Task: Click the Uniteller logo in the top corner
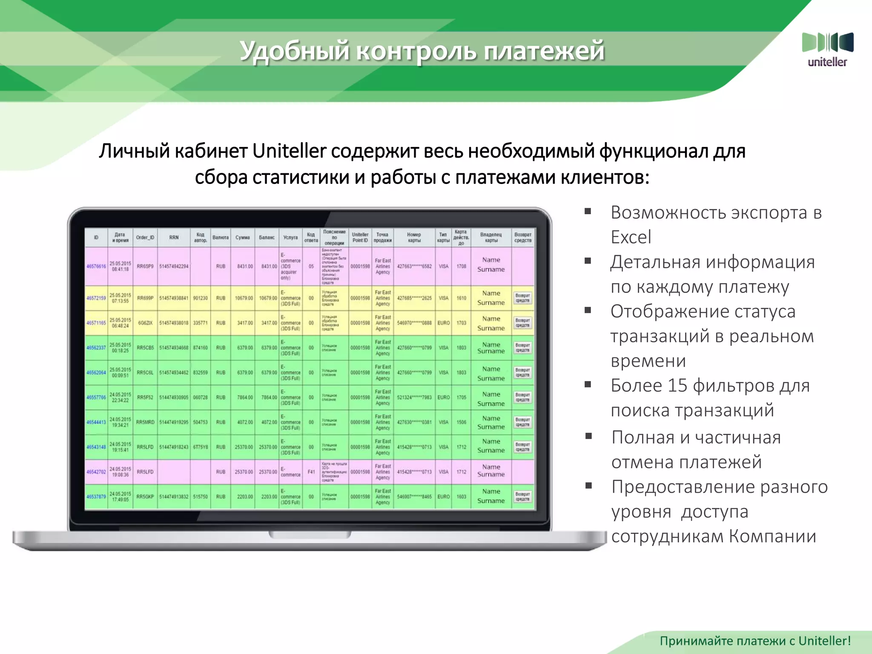[827, 49]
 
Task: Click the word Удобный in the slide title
[294, 51]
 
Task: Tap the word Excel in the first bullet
[631, 237]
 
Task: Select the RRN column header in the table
[174, 238]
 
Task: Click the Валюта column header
[221, 238]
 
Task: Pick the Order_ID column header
[145, 238]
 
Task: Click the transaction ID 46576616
[96, 267]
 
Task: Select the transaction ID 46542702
[96, 472]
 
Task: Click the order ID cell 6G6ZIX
[145, 323]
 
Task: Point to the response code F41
[311, 472]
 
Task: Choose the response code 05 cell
[311, 267]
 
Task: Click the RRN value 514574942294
[174, 267]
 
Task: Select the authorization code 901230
[200, 298]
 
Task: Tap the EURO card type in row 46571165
[443, 323]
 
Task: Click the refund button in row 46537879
[522, 496]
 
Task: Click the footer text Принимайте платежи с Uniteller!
[755, 641]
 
